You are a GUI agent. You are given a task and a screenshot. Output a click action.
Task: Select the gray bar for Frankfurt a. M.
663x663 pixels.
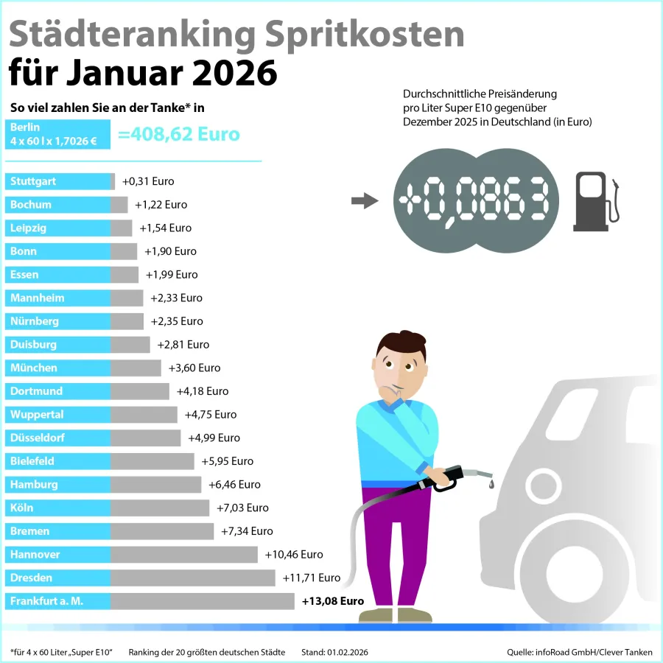tap(202, 601)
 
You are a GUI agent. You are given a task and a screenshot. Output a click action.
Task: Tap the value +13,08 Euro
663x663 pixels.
tap(333, 601)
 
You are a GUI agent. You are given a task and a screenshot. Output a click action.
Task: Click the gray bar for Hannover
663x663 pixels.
tap(184, 554)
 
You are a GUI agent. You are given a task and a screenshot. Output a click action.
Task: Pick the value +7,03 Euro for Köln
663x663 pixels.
tap(242, 508)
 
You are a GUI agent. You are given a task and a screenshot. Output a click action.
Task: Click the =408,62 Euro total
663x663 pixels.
tap(179, 135)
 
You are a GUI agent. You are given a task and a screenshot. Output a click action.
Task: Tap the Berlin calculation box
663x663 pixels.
tap(57, 134)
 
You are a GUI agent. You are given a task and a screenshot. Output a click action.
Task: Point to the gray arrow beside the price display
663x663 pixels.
tap(364, 201)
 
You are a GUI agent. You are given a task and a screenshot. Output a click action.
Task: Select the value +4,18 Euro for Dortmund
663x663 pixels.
tap(203, 391)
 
